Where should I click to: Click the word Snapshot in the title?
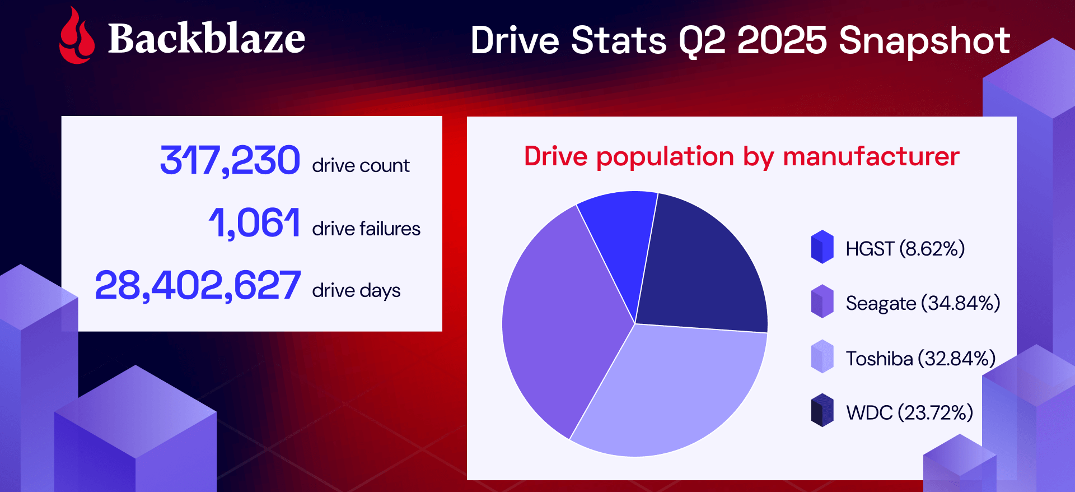(924, 40)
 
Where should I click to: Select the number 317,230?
(230, 160)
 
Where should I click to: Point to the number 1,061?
(254, 222)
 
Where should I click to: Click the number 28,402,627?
(198, 285)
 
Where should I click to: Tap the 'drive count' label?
(361, 165)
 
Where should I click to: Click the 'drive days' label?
(356, 290)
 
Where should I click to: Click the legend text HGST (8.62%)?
(905, 248)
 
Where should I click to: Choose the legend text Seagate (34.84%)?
(923, 303)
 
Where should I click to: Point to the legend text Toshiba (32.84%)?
(921, 358)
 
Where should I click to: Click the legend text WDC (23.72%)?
(910, 412)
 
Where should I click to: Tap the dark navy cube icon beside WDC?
(822, 410)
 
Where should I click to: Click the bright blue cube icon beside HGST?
(822, 247)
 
